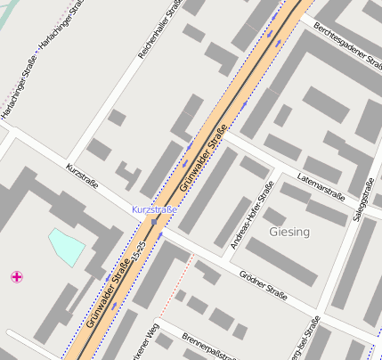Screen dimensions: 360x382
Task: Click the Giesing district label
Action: coord(289,232)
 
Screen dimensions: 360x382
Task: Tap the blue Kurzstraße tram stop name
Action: coord(154,209)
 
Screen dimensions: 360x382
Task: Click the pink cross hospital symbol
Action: coord(16,277)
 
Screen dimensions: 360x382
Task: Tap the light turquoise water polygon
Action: coord(67,245)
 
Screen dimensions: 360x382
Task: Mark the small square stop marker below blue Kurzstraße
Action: coord(154,221)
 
